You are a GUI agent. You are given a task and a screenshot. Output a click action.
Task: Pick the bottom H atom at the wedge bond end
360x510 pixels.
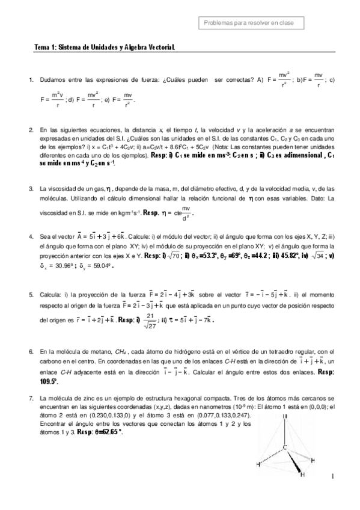tap(302, 475)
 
